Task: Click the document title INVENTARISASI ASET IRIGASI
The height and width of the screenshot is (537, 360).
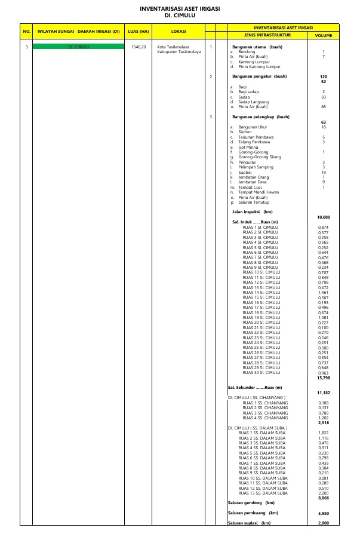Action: pos(180,9)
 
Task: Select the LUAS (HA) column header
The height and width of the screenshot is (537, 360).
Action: pos(138,31)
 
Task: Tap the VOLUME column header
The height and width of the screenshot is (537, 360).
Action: pos(323,36)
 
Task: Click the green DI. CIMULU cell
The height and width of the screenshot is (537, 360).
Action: pos(78,47)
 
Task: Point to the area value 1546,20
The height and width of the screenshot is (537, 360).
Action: pos(138,47)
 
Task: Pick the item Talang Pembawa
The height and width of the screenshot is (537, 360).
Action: pos(254,142)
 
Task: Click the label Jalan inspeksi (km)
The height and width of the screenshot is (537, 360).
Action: pos(252,211)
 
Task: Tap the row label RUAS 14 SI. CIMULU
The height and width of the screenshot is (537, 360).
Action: pos(261,292)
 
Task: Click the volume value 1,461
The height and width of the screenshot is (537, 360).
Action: pos(323,292)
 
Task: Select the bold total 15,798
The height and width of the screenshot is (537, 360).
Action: pos(323,378)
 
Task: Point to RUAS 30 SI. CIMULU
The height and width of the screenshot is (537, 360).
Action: pos(261,372)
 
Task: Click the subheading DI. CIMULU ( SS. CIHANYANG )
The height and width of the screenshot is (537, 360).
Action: pos(257,397)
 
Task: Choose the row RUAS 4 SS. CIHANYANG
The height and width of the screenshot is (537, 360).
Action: pos(265,418)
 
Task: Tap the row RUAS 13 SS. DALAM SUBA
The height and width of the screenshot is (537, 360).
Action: pos(263,493)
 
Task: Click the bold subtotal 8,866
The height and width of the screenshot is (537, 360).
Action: pos(323,498)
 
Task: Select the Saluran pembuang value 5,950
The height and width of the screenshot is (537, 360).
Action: pos(323,513)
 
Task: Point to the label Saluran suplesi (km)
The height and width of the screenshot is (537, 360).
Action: pos(249,523)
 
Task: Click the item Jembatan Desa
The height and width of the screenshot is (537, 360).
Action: pos(253,182)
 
